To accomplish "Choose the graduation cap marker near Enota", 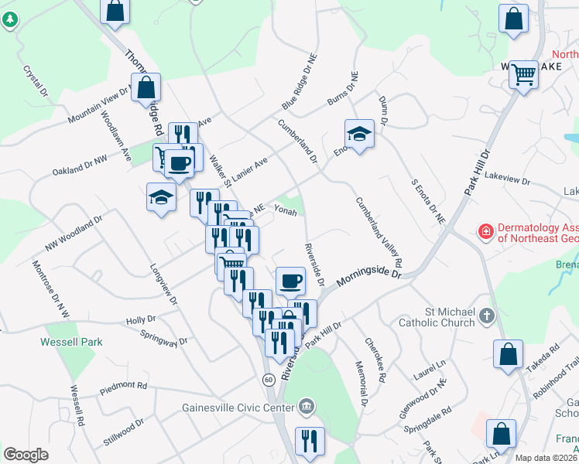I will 359,135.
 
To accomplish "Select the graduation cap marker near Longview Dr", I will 161,197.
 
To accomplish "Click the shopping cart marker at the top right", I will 524,74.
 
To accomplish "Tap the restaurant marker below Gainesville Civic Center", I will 310,441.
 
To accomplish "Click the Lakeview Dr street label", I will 506,179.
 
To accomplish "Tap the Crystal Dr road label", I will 36,80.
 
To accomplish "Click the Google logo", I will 26,454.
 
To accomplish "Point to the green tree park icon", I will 9,20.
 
